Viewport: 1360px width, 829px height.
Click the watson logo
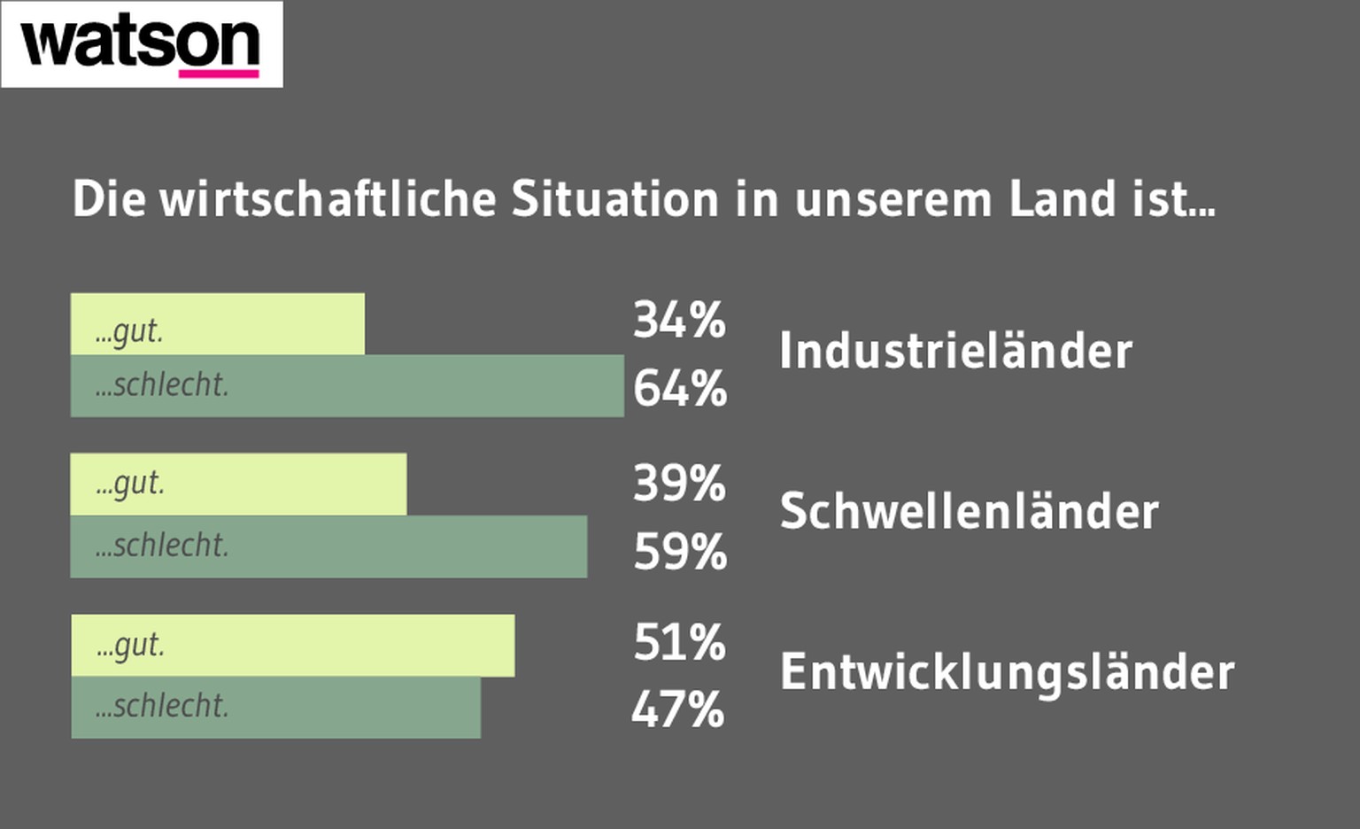(x=142, y=44)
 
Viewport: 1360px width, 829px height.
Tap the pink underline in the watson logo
(x=219, y=74)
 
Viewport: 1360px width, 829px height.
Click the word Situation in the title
(x=614, y=198)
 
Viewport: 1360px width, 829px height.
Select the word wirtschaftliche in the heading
(x=328, y=198)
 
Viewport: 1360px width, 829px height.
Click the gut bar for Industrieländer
(x=217, y=324)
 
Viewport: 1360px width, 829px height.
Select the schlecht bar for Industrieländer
(x=347, y=386)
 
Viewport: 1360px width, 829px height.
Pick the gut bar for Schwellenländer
(x=238, y=484)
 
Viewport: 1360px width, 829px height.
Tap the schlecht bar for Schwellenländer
(x=328, y=546)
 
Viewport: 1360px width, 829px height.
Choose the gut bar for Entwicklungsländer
(x=292, y=646)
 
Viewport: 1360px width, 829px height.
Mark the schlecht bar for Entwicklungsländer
(x=275, y=708)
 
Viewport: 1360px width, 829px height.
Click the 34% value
(x=679, y=320)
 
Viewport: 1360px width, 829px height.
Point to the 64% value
(x=680, y=389)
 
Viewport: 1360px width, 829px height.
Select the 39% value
(x=679, y=484)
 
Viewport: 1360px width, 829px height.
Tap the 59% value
(x=680, y=552)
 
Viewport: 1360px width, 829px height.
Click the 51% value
(x=679, y=642)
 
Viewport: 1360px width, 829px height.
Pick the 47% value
(x=678, y=709)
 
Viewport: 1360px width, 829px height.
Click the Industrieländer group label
(x=955, y=351)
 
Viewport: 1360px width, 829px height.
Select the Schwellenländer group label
(x=969, y=511)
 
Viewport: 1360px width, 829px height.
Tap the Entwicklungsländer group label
(x=1007, y=671)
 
